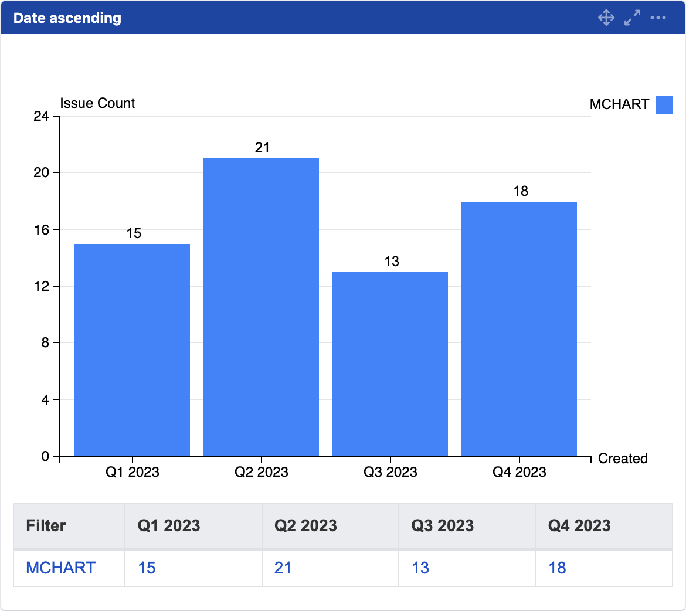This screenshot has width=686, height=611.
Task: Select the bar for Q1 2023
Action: click(132, 349)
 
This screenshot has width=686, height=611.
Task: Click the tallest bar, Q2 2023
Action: click(261, 307)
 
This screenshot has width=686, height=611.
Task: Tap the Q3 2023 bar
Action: click(390, 364)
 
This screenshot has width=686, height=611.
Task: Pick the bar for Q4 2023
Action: click(519, 328)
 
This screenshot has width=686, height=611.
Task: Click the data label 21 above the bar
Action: click(262, 148)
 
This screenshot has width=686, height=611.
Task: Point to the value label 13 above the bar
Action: click(392, 262)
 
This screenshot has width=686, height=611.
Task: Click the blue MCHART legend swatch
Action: click(664, 105)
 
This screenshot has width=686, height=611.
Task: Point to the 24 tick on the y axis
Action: click(41, 116)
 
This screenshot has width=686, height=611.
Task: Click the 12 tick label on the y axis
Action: click(41, 286)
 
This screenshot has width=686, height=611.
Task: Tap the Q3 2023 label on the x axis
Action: click(390, 472)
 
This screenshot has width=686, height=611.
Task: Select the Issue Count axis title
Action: click(97, 103)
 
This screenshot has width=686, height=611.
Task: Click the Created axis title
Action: click(623, 459)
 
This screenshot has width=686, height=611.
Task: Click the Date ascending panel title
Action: click(67, 18)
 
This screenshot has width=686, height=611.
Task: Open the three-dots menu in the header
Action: click(658, 18)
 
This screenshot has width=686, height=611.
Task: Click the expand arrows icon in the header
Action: click(632, 18)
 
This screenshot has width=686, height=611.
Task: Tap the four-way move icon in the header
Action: click(606, 18)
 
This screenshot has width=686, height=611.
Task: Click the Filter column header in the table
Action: click(46, 525)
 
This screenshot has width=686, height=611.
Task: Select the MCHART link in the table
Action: click(61, 568)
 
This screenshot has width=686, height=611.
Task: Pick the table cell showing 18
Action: click(557, 568)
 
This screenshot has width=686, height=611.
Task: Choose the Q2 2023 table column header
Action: click(305, 525)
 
